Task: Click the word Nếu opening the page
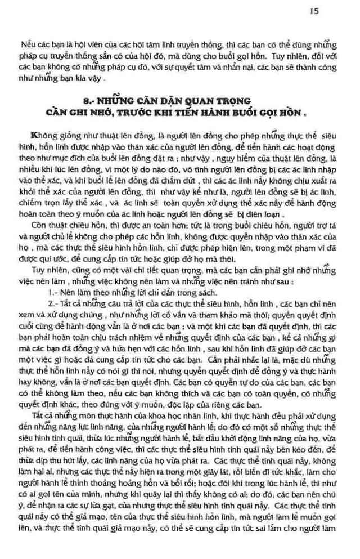(28, 43)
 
